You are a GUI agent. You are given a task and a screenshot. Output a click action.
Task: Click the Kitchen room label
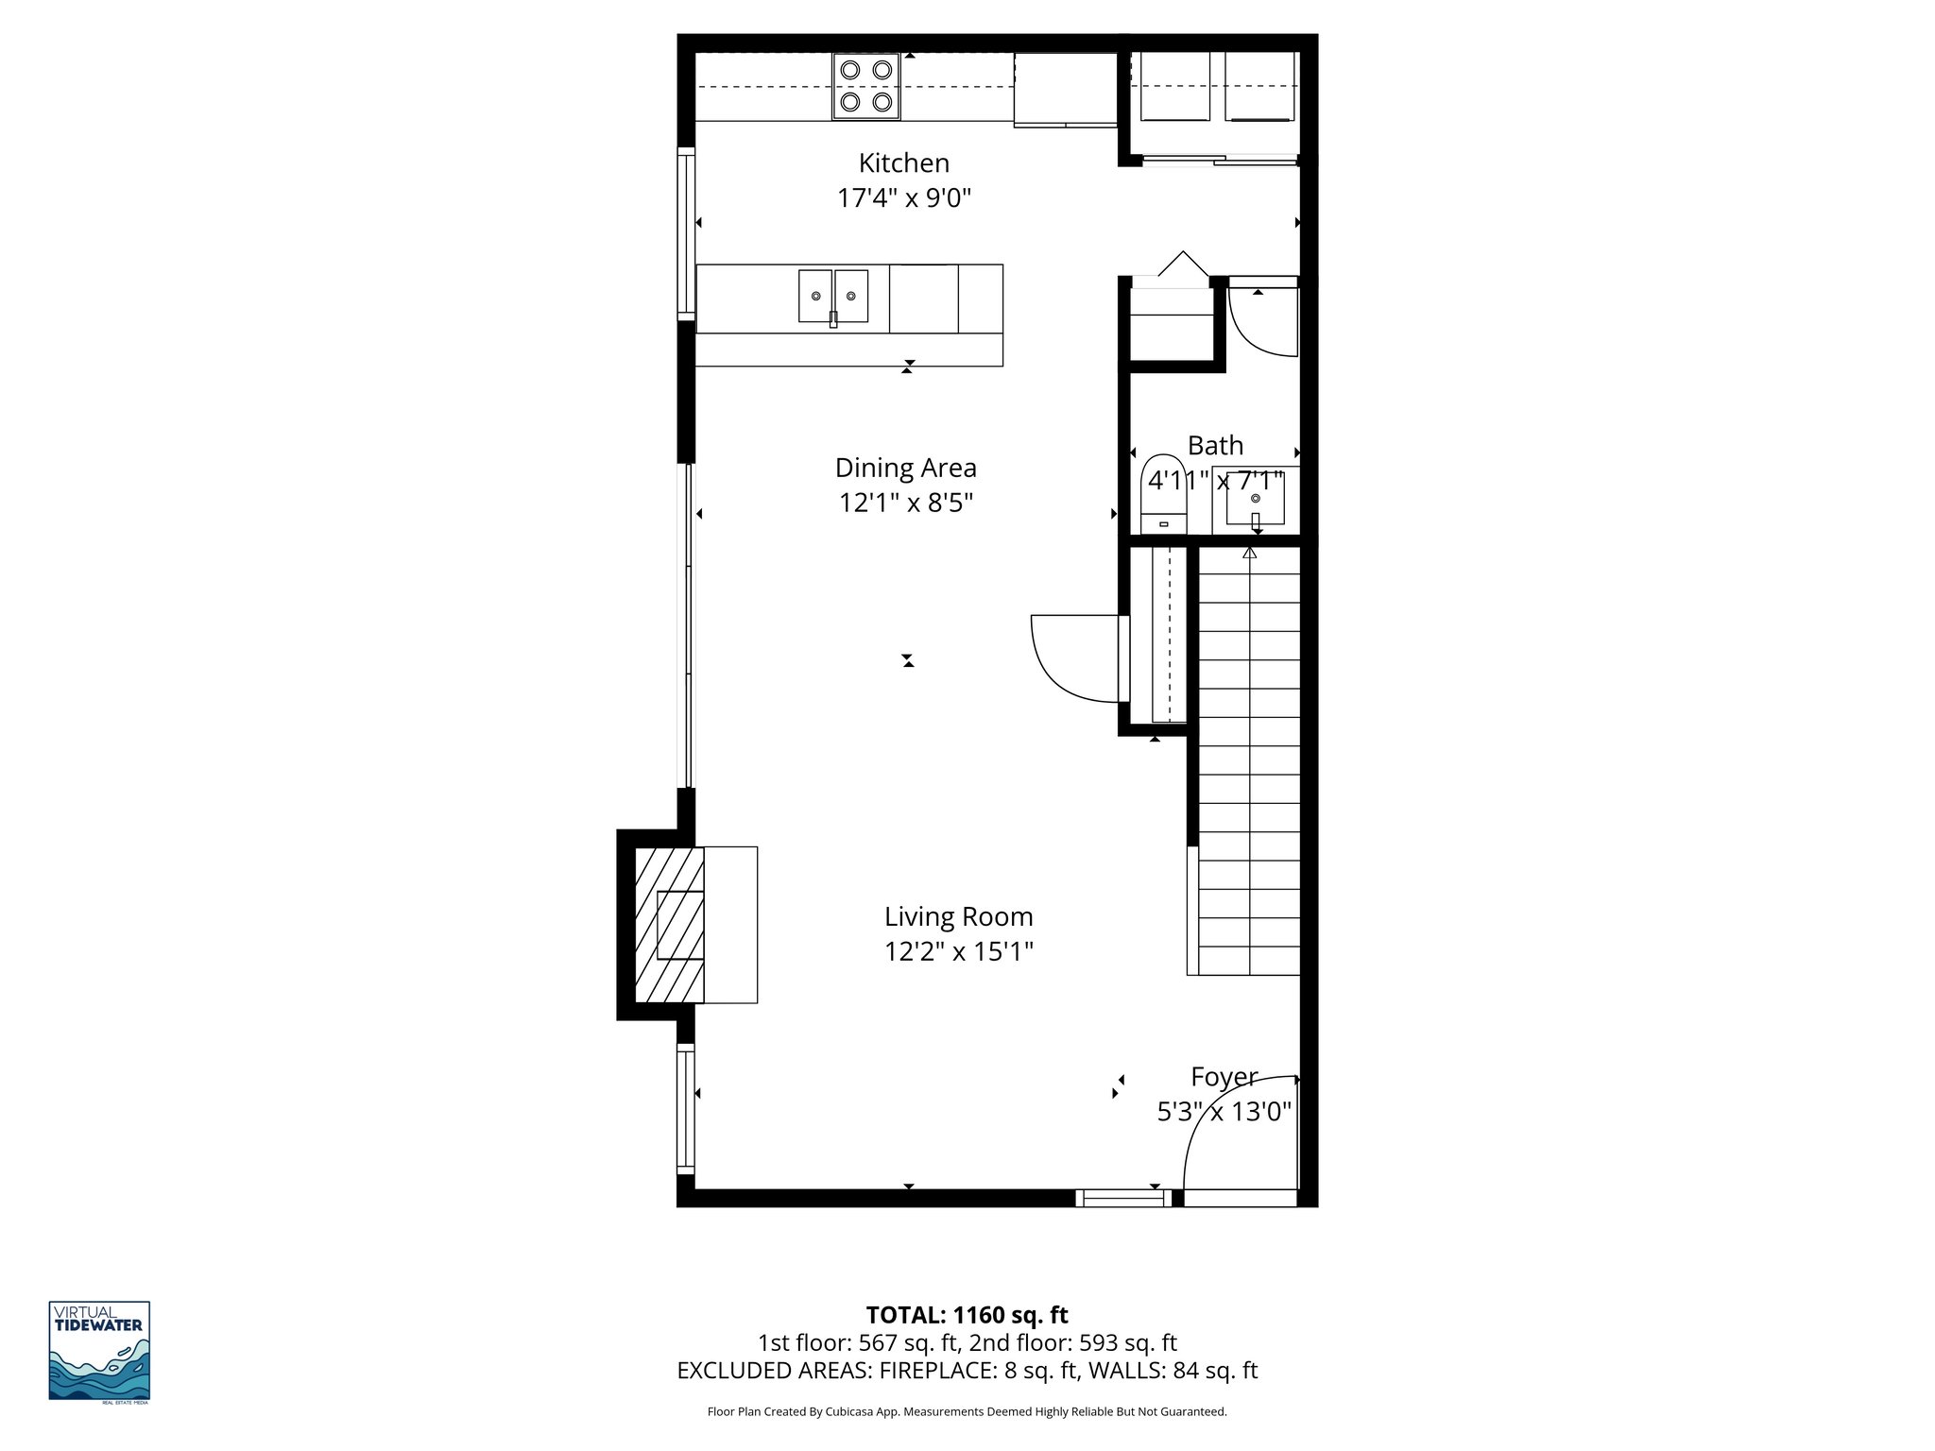[x=903, y=162]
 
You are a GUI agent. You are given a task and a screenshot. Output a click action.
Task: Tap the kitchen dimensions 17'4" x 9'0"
[x=903, y=198]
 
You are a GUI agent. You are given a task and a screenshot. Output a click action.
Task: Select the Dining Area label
[x=905, y=468]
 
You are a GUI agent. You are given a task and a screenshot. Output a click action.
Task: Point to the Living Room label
[x=958, y=916]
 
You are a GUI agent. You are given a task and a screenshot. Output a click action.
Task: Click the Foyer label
[x=1224, y=1077]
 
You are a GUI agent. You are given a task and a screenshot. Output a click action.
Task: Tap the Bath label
[x=1215, y=445]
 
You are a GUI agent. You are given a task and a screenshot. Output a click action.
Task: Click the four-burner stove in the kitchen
[x=866, y=86]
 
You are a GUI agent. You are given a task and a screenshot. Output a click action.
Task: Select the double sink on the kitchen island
[x=832, y=297]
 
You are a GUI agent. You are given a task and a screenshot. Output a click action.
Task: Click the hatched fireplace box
[x=669, y=925]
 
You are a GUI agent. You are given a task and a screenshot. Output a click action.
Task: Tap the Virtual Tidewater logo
[x=99, y=1351]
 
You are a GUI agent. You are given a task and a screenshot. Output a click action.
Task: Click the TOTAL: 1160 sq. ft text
[x=967, y=1315]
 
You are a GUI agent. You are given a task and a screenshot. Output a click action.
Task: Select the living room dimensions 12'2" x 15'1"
[x=958, y=951]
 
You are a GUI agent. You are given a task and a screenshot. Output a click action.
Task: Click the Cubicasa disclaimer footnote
[x=967, y=1411]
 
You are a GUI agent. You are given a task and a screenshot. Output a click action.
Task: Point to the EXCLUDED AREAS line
[x=967, y=1371]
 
